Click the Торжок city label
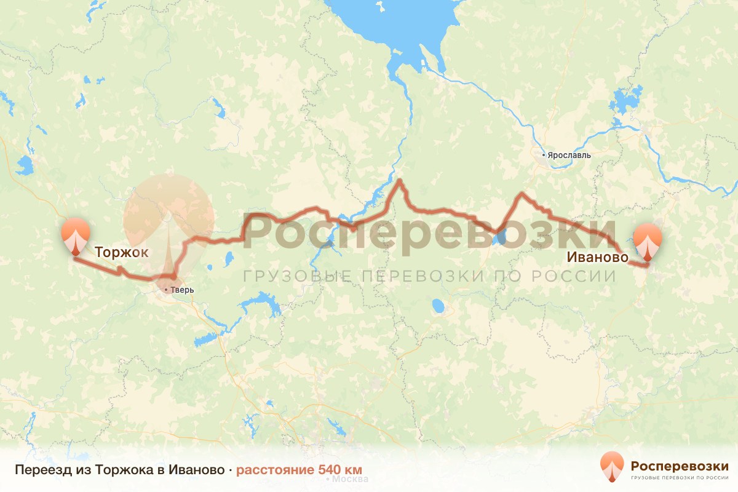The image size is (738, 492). tap(121, 252)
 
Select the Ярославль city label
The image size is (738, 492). tap(568, 155)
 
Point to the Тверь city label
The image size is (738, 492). tap(182, 290)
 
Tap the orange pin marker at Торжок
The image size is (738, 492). tap(76, 236)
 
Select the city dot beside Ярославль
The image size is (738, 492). tap(544, 154)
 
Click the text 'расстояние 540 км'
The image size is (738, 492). tap(300, 470)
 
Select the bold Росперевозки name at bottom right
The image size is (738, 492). tap(680, 464)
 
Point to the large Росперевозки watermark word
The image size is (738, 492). tap(430, 232)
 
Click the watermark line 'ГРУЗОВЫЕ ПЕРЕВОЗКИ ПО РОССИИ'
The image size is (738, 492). tap(429, 276)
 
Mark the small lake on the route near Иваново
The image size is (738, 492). tap(500, 236)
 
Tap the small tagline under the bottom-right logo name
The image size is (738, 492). tap(680, 477)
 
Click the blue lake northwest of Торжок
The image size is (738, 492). tap(26, 165)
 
